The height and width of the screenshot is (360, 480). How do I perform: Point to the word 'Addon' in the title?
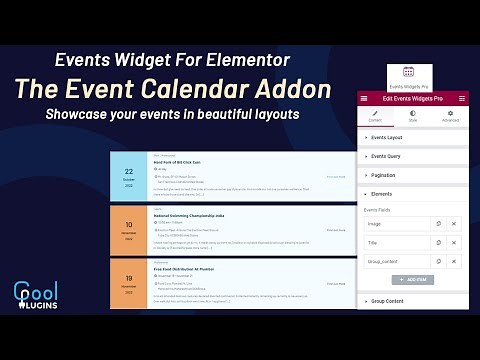coord(295,88)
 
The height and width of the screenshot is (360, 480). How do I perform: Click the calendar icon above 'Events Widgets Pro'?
coord(408,73)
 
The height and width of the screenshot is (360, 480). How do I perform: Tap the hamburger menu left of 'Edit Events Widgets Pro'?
coord(364,98)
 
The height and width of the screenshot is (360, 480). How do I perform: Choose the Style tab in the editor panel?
coord(413,117)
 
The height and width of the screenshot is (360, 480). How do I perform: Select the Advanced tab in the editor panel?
coord(451,117)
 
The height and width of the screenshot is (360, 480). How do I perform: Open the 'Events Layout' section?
coord(390,136)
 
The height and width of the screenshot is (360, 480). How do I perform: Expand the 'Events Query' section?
coord(389,156)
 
